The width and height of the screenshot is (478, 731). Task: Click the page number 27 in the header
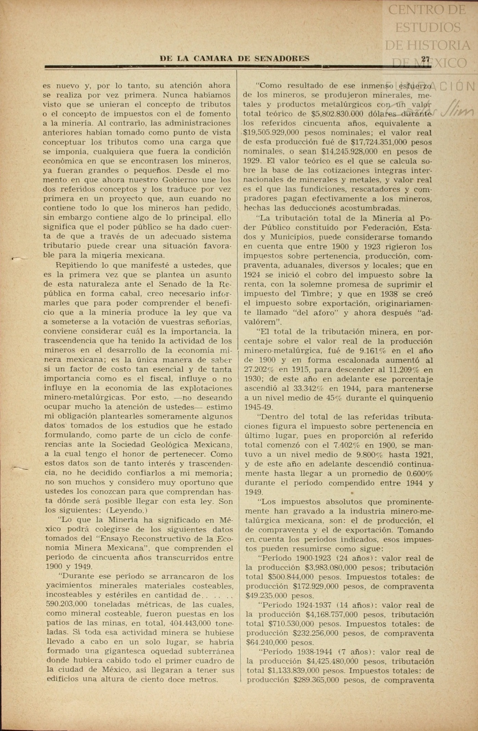[x=425, y=59]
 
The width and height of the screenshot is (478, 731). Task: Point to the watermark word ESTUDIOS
[x=428, y=27]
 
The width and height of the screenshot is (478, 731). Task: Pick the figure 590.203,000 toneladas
[x=66, y=604]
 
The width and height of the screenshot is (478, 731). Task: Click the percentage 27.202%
[x=259, y=370]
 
